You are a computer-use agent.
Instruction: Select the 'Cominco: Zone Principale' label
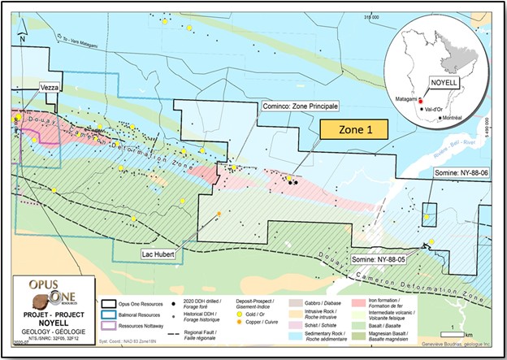300,106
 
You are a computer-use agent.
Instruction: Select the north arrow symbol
24,30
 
